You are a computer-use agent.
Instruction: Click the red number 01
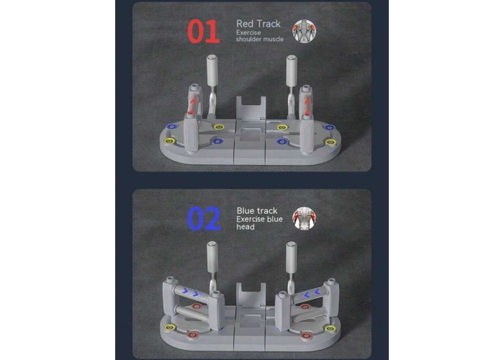203,31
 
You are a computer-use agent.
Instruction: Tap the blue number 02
204,219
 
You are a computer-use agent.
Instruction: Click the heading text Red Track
258,24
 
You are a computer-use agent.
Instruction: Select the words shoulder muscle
260,39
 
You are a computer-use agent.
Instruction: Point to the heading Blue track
257,211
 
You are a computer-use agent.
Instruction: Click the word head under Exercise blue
246,227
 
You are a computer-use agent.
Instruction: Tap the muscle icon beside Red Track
304,31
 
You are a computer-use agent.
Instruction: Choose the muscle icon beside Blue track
304,219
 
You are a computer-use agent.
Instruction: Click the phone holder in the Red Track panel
251,109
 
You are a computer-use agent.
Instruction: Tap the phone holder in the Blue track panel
251,295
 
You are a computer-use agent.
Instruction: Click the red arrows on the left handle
192,105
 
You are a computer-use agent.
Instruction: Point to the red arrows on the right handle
307,105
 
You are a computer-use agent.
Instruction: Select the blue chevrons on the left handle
193,292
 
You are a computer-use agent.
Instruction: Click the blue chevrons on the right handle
309,293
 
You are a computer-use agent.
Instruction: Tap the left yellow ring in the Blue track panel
170,328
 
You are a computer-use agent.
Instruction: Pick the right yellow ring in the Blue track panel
330,328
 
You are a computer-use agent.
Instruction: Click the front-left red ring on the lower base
192,335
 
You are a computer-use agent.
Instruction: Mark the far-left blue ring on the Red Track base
171,127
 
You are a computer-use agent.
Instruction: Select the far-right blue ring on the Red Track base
330,127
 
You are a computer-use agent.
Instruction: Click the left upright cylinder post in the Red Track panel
212,71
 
